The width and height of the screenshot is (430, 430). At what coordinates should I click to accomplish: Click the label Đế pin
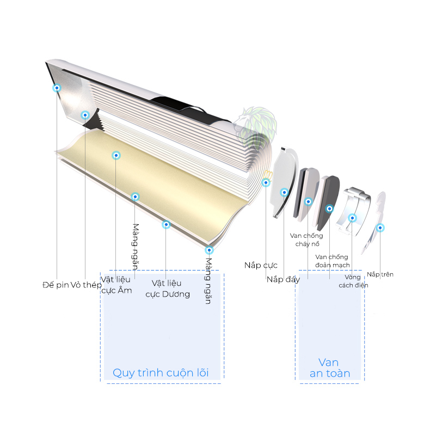point(56,285)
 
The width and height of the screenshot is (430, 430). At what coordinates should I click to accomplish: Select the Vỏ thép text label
point(86,285)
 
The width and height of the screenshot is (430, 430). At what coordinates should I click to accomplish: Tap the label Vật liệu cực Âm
point(116,285)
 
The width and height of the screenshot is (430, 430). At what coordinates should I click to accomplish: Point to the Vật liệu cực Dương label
point(168,288)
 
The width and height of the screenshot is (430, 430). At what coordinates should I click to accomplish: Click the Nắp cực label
point(261,265)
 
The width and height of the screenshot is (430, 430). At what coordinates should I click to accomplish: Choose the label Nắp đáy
point(283,279)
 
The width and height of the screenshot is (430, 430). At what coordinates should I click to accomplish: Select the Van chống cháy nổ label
point(306,239)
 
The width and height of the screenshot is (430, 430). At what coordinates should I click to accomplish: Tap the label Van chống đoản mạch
point(332,261)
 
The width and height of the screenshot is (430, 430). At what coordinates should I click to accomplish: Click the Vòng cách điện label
point(353,281)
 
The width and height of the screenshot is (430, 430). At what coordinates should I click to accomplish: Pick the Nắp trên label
point(380,274)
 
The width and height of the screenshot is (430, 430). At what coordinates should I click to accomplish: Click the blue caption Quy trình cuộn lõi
point(161,373)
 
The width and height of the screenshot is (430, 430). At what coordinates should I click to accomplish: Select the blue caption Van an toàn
point(330,368)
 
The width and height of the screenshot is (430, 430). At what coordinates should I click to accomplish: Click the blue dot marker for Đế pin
point(57,88)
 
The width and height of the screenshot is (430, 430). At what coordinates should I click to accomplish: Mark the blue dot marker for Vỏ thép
point(85,115)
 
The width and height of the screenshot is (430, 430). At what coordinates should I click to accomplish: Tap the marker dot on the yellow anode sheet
point(116,156)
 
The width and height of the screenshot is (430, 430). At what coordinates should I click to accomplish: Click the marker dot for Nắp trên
point(380,228)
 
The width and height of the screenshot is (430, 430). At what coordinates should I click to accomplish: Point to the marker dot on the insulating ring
point(352,218)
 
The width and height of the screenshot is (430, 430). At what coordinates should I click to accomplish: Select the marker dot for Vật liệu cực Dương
point(166,225)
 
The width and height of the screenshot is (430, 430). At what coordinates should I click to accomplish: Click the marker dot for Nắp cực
point(266,183)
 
